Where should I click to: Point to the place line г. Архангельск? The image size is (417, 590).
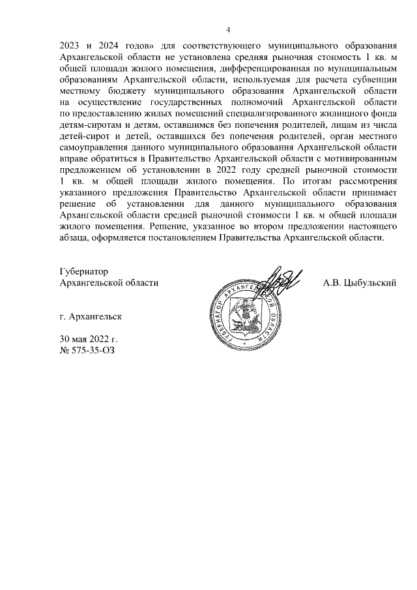tap(90, 317)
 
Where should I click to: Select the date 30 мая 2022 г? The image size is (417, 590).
tap(88, 340)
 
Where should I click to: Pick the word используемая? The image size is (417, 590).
tap(252, 78)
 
